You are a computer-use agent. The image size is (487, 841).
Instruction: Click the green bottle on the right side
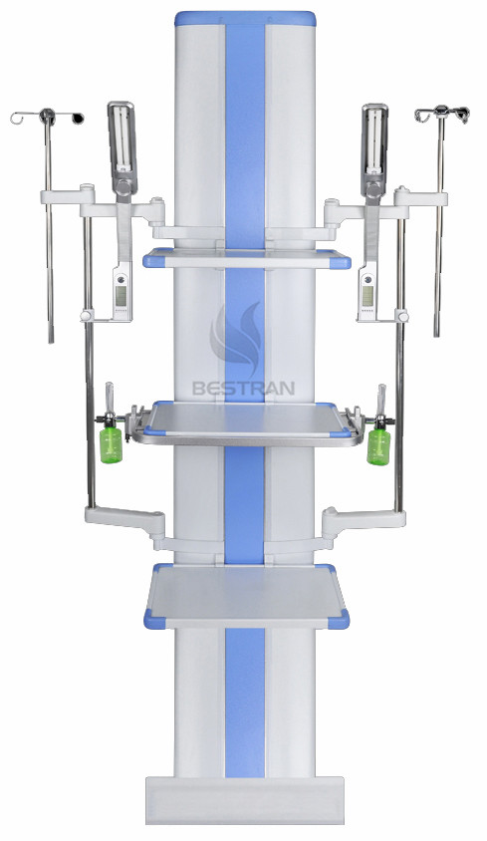[377, 443]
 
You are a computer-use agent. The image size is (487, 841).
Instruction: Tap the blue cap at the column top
[245, 19]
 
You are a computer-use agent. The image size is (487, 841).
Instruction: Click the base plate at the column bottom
[245, 797]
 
